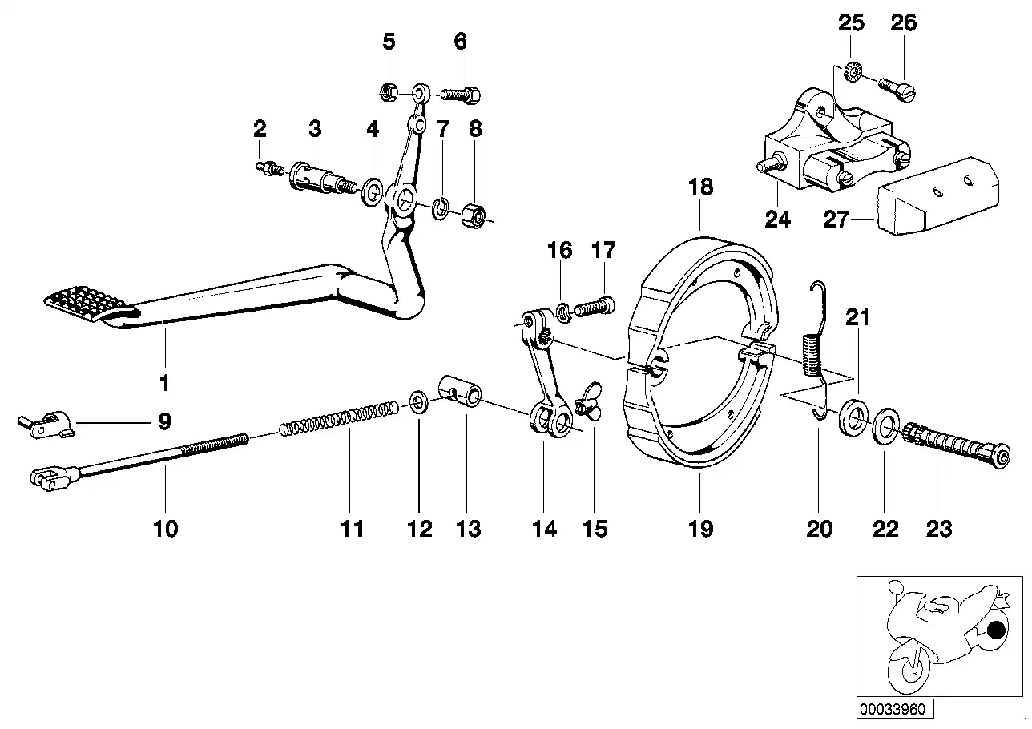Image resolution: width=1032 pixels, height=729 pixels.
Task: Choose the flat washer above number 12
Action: point(418,401)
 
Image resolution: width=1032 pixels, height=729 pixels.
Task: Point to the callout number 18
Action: point(700,188)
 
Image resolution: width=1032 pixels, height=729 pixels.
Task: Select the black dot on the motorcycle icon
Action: point(995,631)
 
